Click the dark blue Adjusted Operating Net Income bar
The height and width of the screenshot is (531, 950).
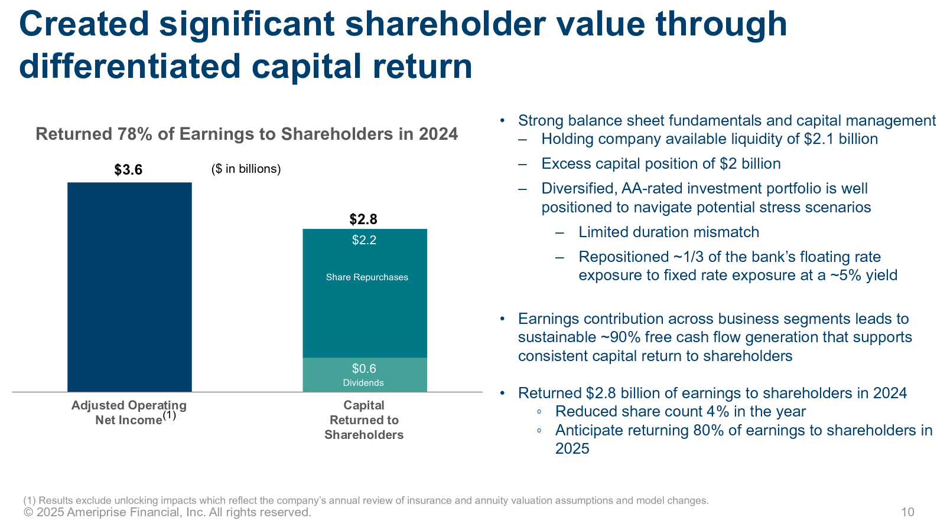pos(129,287)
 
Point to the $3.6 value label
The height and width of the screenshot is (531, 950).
pos(128,170)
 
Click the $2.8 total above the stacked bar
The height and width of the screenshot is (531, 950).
pos(363,219)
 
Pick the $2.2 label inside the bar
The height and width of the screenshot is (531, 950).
pos(364,240)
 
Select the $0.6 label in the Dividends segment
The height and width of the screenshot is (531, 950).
pos(364,369)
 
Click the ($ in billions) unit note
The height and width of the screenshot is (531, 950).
pos(246,169)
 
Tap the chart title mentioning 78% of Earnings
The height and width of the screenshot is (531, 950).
pos(246,134)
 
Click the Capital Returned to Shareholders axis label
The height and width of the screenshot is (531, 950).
pos(364,420)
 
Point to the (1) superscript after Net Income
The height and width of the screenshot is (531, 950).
pos(169,415)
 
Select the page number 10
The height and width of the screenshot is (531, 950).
pos(907,512)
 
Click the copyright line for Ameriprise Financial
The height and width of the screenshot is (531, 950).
pos(167,512)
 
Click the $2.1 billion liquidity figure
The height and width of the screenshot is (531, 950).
pos(841,139)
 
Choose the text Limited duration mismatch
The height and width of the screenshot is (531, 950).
pos(669,232)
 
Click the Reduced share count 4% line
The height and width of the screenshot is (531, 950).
pos(680,412)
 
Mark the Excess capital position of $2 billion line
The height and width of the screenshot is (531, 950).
pos(661,164)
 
